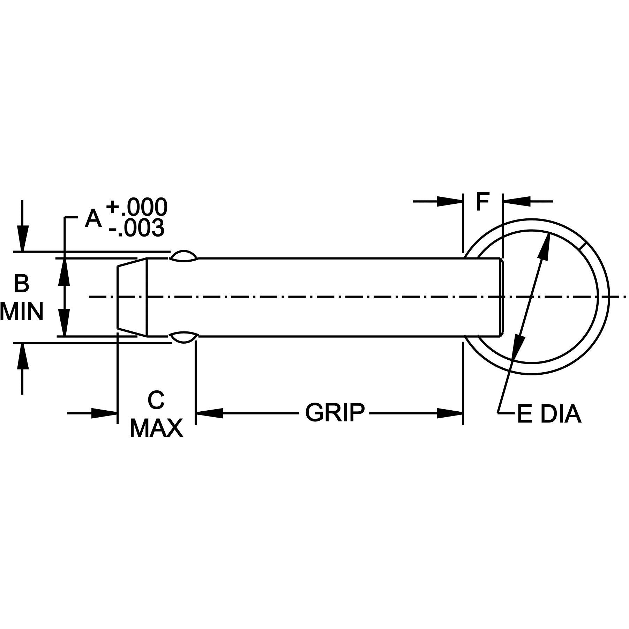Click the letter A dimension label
pyautogui.click(x=93, y=219)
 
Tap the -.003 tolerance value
pyautogui.click(x=136, y=228)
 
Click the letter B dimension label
pyautogui.click(x=21, y=284)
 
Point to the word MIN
pyautogui.click(x=22, y=311)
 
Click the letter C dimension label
pyautogui.click(x=156, y=400)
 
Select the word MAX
pyautogui.click(x=156, y=428)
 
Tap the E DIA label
pyautogui.click(x=549, y=414)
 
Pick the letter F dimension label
pyautogui.click(x=483, y=202)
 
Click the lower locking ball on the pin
pyautogui.click(x=184, y=337)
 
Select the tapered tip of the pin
pyautogui.click(x=132, y=297)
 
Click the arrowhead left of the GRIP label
pyautogui.click(x=210, y=413)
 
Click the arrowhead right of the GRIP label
pyautogui.click(x=450, y=413)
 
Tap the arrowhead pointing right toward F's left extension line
pyautogui.click(x=450, y=201)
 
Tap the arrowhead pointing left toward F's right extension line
pyautogui.click(x=516, y=201)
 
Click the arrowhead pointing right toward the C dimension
pyautogui.click(x=104, y=413)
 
